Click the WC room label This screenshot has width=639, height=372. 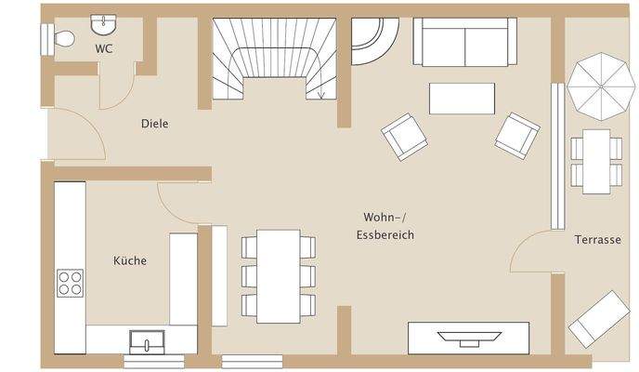point(104,48)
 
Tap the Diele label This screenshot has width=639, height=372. point(155,124)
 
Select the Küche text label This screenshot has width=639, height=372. point(130,261)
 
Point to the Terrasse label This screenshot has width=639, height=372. point(597,239)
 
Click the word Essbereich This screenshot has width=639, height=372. point(385,235)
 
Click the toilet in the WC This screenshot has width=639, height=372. point(59,38)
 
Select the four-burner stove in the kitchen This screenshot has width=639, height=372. point(71,283)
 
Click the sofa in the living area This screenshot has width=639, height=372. point(464,41)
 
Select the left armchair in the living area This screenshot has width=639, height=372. point(404,136)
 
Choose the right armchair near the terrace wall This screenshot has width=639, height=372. point(517,135)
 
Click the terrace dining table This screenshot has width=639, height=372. point(596,161)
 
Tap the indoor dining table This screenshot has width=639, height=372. point(279,275)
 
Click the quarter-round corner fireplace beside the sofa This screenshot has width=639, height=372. point(375,39)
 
